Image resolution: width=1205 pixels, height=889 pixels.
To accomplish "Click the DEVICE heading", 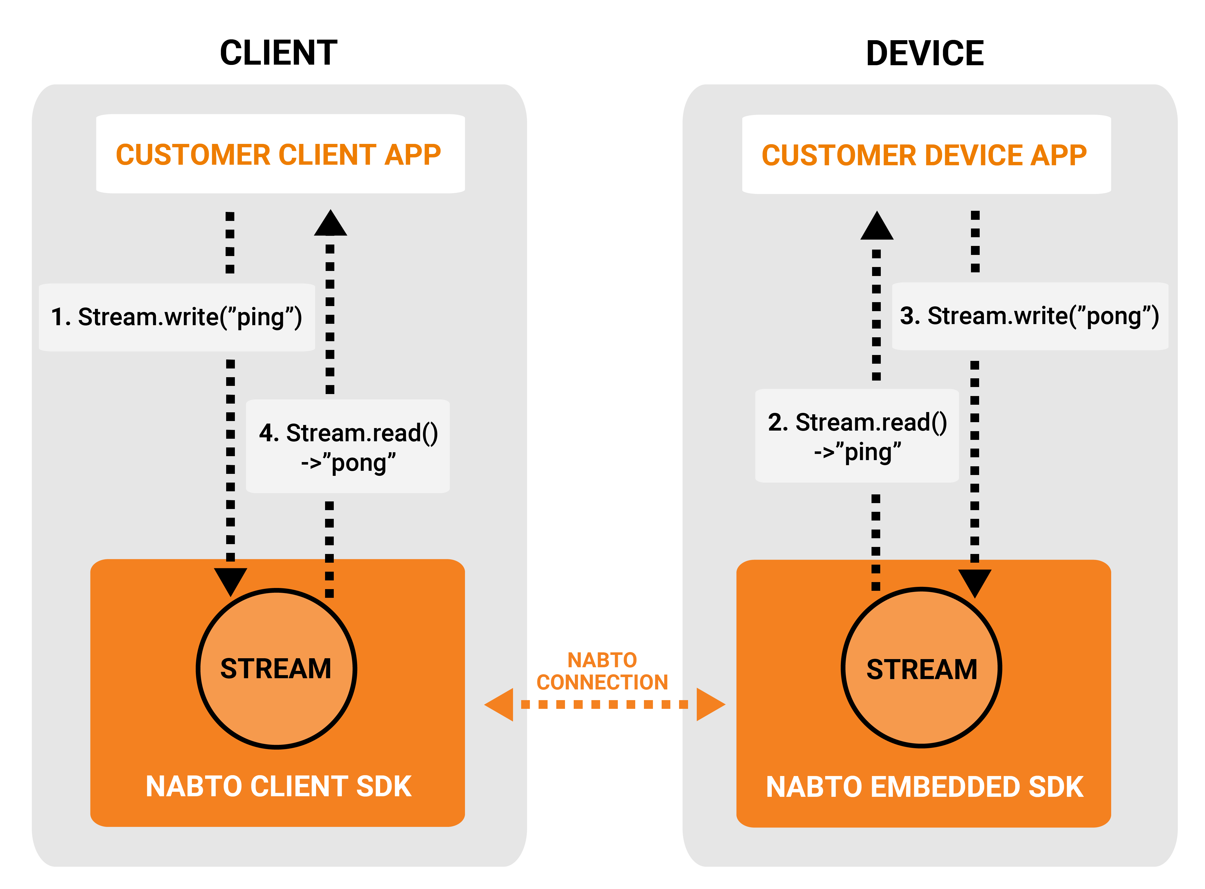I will coord(924,53).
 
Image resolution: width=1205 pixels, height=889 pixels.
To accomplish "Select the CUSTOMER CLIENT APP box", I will coord(280,155).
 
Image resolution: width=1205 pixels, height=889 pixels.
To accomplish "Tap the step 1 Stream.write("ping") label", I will coord(176,317).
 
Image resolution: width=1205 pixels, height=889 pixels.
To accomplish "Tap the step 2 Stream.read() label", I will coord(857,436).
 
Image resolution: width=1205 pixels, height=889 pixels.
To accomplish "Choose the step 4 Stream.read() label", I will coord(348,447).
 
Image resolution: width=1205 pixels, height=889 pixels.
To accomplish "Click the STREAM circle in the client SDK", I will coord(276,668).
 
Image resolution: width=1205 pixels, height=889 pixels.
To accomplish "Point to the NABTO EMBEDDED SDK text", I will coord(924,787).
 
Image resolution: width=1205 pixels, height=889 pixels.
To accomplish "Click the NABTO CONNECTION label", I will coord(602,671).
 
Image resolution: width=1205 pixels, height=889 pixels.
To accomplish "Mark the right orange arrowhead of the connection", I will coord(710,704).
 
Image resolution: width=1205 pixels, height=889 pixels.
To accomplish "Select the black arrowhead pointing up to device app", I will coord(877,227).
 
